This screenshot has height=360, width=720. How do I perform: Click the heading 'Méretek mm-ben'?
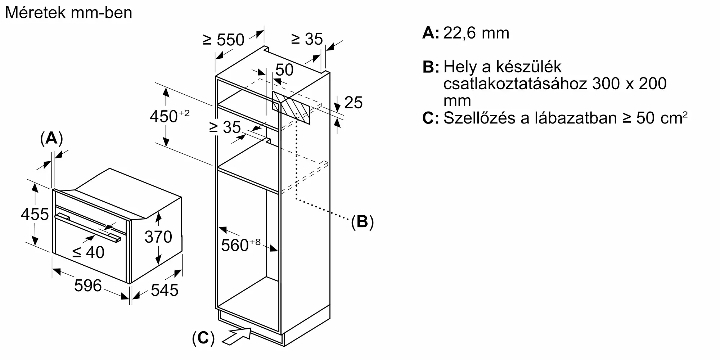point(68,13)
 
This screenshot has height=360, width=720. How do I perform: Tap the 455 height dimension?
point(35,214)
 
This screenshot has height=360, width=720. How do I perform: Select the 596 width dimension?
point(88,285)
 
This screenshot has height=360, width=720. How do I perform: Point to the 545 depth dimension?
point(165,290)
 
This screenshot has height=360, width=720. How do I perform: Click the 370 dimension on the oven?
point(158,237)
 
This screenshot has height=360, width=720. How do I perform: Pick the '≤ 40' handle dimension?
point(88,252)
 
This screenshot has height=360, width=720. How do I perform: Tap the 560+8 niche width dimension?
point(240,245)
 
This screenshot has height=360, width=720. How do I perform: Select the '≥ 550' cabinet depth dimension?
point(224,40)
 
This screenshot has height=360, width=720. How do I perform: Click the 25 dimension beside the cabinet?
point(353,103)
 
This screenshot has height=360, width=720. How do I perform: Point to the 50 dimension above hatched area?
point(284,70)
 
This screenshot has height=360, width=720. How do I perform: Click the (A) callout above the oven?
point(51,139)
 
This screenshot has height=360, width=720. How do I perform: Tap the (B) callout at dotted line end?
point(363,222)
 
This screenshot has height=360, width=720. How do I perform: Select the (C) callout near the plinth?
point(203,338)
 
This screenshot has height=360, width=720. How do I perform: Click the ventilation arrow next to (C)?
point(237,336)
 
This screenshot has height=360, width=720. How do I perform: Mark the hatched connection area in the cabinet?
point(291,108)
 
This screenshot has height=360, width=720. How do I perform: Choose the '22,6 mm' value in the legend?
point(476,33)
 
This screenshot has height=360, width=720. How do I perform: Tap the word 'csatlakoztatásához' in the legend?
point(514,84)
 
